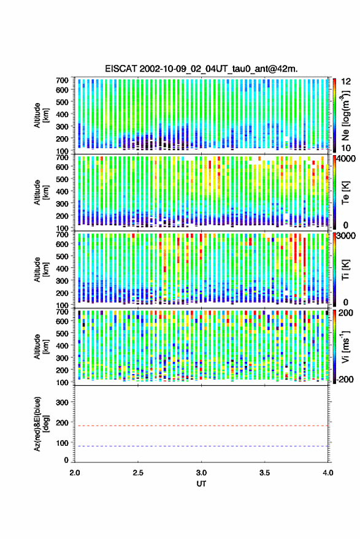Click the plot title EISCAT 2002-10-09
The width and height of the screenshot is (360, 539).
click(201, 69)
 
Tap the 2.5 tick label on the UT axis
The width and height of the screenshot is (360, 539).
click(138, 473)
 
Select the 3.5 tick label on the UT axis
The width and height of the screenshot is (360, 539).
click(264, 473)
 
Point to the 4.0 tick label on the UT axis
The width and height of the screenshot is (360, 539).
click(328, 473)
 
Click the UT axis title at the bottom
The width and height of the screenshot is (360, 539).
click(201, 484)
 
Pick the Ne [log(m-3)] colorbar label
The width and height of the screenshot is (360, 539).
click(345, 116)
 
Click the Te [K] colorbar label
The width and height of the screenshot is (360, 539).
click(345, 193)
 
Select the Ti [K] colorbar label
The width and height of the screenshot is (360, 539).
click(345, 270)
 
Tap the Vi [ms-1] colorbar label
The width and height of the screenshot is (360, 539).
click(345, 346)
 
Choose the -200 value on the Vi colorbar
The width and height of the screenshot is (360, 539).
click(345, 380)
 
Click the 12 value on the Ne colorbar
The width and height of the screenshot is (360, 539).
click(346, 82)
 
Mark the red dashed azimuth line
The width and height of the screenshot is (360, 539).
click(201, 426)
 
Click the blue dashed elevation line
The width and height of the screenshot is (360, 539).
click(201, 446)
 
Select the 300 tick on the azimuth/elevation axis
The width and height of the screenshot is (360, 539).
click(62, 402)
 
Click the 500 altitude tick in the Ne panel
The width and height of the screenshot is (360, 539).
click(62, 102)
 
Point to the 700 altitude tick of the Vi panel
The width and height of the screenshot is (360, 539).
click(62, 312)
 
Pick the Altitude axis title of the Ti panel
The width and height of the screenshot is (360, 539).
click(41, 270)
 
